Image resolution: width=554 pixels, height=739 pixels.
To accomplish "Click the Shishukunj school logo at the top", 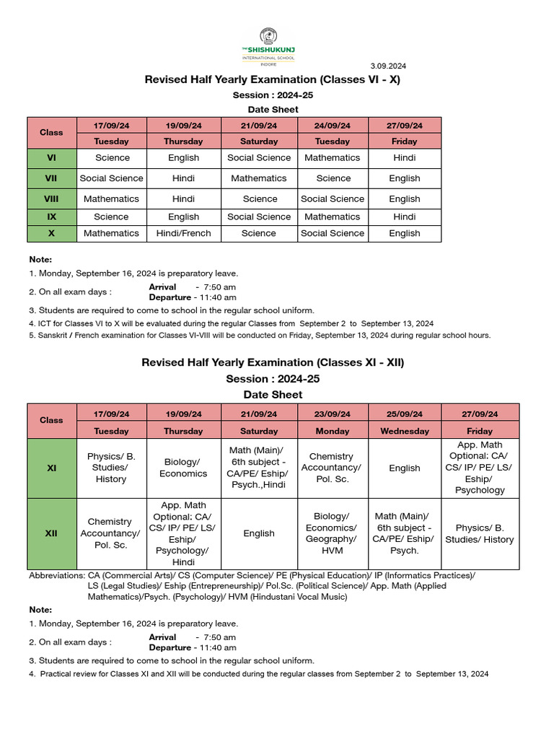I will (268, 46).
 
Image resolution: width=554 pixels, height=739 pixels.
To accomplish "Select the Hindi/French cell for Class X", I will (183, 233).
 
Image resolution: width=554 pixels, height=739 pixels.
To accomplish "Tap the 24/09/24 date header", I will (332, 125).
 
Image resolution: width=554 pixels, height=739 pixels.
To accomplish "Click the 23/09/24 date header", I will (332, 414).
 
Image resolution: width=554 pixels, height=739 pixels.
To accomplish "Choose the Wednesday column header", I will (404, 431).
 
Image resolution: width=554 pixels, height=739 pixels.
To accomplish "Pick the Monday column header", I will (332, 431).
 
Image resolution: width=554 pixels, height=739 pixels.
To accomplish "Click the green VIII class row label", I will (51, 198).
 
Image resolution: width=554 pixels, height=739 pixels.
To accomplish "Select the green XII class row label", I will (51, 533).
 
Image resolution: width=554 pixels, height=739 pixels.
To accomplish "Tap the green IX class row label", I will (51, 217).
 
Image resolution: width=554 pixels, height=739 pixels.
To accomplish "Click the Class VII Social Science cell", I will (111, 178).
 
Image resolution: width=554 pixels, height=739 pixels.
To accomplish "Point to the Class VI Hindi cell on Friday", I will (404, 157).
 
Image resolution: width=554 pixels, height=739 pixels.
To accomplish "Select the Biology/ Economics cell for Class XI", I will (183, 468).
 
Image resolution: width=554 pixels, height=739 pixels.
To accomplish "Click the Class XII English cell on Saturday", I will (258, 533).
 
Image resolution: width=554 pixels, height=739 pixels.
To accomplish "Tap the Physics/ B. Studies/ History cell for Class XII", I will (479, 533).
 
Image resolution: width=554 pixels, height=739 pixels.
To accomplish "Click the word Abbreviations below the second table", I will (56, 575).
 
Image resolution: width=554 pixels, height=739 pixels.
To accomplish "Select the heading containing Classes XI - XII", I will (273, 362).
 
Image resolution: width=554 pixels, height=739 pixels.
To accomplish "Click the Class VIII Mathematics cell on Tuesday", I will (111, 198).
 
